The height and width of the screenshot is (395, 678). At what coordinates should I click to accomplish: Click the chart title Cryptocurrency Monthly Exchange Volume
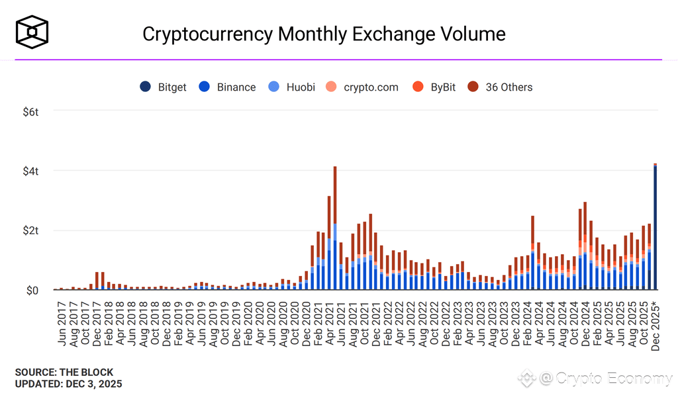324,34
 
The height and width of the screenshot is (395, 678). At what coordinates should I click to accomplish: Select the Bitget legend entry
164,87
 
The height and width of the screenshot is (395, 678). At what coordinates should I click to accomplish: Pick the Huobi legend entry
292,87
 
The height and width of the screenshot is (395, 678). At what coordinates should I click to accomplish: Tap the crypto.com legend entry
363,87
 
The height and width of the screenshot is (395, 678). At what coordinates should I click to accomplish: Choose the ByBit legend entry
434,87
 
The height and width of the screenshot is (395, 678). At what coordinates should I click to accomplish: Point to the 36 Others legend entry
500,87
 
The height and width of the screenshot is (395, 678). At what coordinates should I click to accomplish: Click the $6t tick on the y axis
30,112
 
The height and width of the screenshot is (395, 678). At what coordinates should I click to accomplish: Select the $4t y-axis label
30,171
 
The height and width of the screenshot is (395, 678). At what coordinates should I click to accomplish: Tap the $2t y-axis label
30,231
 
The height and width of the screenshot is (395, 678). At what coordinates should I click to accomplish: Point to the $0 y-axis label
32,290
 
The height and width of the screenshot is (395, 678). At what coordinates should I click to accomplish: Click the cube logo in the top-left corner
32,32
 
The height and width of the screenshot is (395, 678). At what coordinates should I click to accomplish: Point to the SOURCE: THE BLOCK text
64,372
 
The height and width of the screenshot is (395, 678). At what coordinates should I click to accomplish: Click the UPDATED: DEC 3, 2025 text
68,384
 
